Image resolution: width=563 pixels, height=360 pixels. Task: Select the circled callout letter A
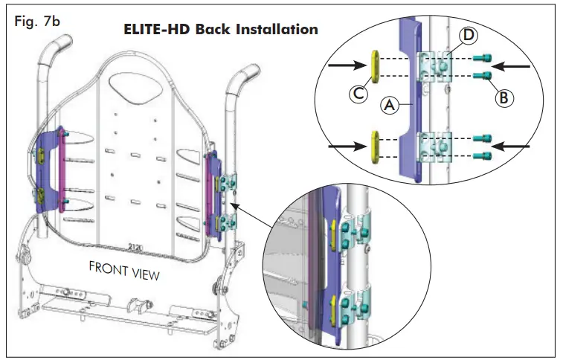click(x=389, y=107)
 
